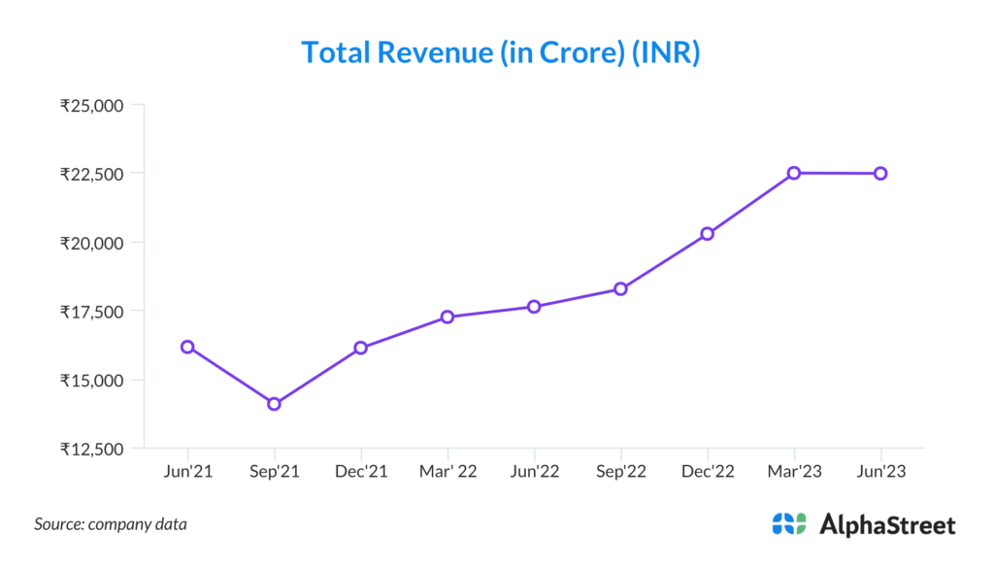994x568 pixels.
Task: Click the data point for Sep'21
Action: (274, 404)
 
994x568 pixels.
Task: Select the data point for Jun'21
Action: (187, 347)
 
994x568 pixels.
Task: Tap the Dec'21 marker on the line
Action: (361, 348)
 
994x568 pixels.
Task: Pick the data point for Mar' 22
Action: (447, 317)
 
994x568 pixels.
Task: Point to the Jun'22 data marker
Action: (534, 307)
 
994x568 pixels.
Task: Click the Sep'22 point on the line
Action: (620, 288)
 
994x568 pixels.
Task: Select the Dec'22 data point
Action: (708, 234)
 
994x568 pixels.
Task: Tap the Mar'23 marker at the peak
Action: (794, 173)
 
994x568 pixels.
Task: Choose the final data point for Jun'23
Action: (880, 173)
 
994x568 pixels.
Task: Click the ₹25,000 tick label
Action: (91, 105)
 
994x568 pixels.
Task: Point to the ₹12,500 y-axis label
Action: (91, 449)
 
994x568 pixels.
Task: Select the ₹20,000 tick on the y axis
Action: (91, 243)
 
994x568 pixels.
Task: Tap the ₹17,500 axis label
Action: (91, 312)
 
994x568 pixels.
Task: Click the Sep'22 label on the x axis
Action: (620, 471)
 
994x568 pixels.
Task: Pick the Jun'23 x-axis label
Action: (880, 471)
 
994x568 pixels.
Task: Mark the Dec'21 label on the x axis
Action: (361, 471)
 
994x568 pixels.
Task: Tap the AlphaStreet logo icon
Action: (789, 524)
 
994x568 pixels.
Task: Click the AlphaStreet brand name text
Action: (887, 525)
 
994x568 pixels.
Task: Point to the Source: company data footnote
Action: (111, 524)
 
